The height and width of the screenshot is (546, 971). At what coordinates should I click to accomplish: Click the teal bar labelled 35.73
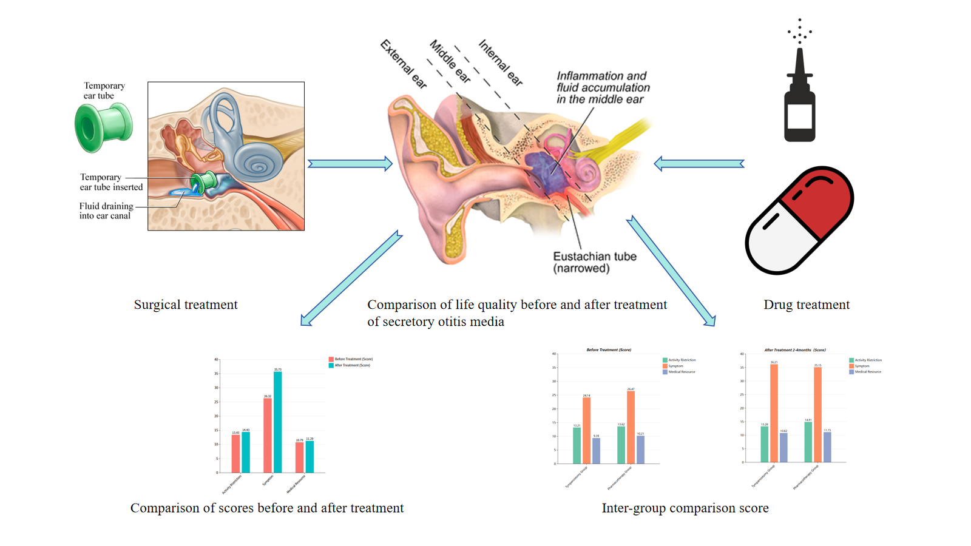coord(277,422)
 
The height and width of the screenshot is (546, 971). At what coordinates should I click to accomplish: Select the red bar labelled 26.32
coord(268,435)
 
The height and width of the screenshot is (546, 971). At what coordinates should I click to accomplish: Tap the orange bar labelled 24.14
coord(586,430)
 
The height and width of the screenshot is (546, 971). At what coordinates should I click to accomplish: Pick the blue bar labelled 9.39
coord(596,451)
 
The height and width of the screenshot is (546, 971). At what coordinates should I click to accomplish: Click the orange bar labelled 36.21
coord(774,413)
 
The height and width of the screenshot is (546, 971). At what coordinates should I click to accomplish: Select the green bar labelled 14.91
coord(808,442)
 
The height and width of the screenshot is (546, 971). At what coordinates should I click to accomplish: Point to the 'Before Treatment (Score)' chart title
coord(609,350)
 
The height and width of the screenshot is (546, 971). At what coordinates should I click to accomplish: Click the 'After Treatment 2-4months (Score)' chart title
coord(794,350)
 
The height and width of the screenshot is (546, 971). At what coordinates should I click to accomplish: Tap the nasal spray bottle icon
coord(799,97)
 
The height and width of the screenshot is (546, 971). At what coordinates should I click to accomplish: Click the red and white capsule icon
coord(799,220)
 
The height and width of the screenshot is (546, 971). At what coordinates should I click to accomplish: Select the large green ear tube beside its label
coord(103,127)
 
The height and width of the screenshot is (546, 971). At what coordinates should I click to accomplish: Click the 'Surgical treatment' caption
coord(186,305)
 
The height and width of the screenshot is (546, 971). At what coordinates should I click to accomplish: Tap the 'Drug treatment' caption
coord(807,305)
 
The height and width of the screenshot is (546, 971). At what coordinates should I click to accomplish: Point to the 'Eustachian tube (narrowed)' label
coord(594,262)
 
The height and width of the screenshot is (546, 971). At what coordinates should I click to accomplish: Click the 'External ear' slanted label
coord(404,64)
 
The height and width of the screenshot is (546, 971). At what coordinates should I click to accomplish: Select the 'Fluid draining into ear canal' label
coord(106,211)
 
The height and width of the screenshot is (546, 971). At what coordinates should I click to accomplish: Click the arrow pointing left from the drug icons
coord(699,164)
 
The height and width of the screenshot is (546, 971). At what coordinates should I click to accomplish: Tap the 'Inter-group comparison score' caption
coord(685,508)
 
